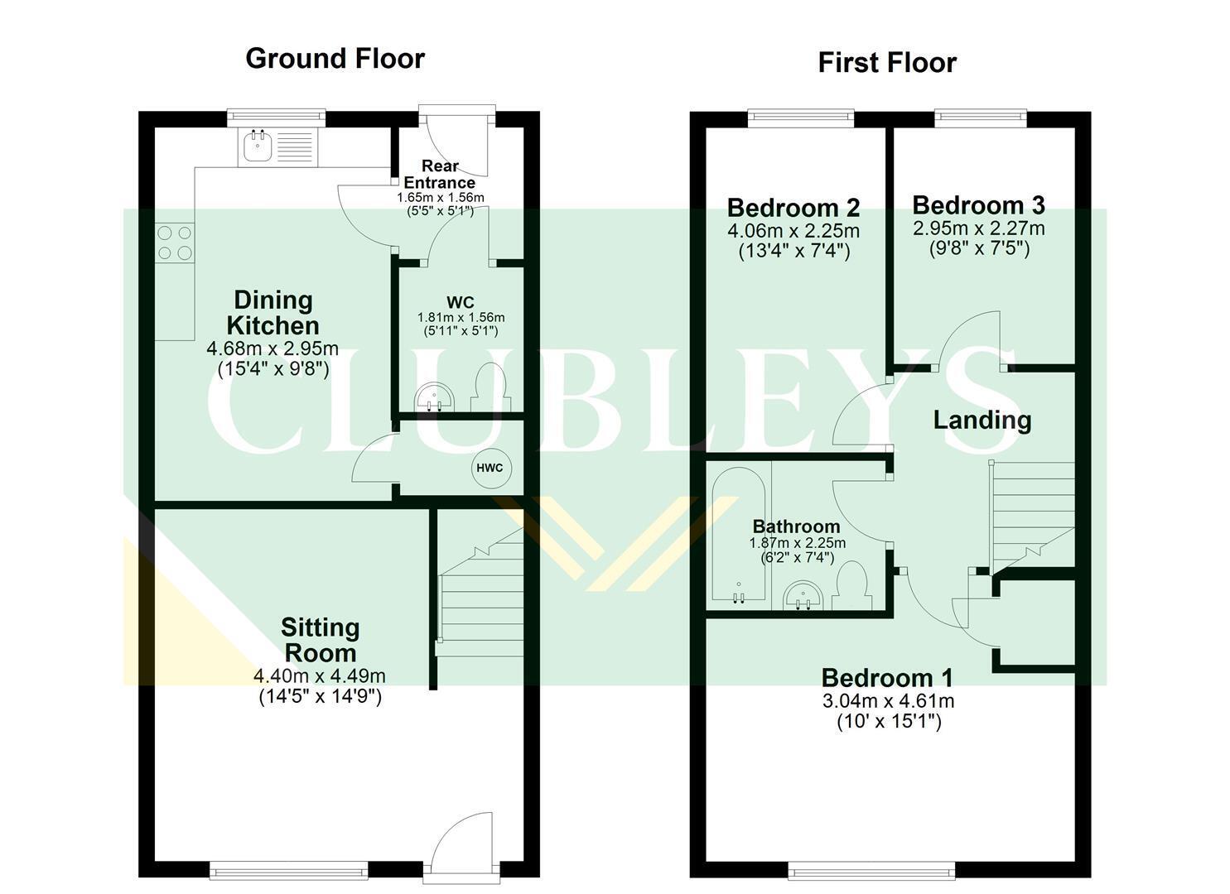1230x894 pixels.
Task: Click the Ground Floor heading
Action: (x=335, y=59)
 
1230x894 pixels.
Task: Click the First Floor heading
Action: (x=887, y=63)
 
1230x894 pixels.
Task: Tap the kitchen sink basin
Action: (x=257, y=146)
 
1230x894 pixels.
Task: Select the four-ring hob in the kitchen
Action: (x=175, y=243)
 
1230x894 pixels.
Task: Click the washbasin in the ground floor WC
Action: (x=434, y=397)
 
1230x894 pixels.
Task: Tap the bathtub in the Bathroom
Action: (x=739, y=533)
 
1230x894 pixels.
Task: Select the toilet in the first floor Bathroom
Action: (x=851, y=585)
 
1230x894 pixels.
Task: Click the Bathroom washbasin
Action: (x=803, y=595)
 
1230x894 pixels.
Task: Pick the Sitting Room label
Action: (x=321, y=640)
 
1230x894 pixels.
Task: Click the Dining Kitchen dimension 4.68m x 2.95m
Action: (x=273, y=348)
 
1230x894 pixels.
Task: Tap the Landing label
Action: (x=982, y=421)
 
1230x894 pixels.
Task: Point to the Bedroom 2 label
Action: (x=793, y=208)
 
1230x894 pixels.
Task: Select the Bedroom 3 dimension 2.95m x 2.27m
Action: (x=979, y=228)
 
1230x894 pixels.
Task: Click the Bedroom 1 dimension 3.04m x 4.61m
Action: (x=889, y=701)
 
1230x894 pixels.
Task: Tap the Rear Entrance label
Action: (x=440, y=174)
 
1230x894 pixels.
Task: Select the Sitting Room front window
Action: (x=289, y=869)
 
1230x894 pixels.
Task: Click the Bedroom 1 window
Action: (x=871, y=870)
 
